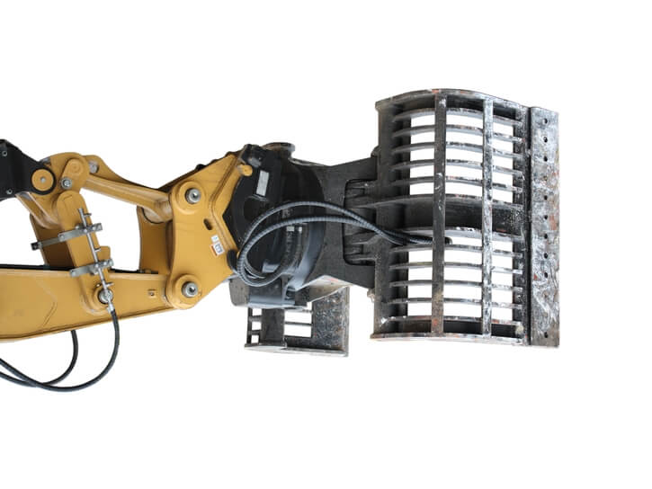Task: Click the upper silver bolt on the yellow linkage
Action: point(192,195)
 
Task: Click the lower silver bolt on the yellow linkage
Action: point(190,289)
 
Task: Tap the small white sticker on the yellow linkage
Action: point(216,244)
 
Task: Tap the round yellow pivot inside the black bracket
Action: point(41,178)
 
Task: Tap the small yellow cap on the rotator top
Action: point(246,169)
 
